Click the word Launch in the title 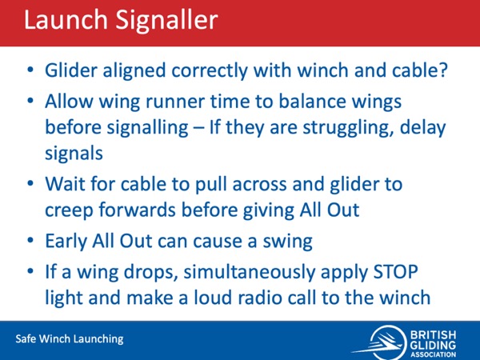(x=66, y=20)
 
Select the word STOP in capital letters (x=396, y=271)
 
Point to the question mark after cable (x=443, y=70)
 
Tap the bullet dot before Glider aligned (x=30, y=70)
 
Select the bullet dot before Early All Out (x=30, y=241)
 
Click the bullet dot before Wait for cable (x=30, y=184)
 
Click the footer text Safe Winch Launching (x=70, y=339)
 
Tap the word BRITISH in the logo (x=433, y=334)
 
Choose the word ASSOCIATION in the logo (x=433, y=355)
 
